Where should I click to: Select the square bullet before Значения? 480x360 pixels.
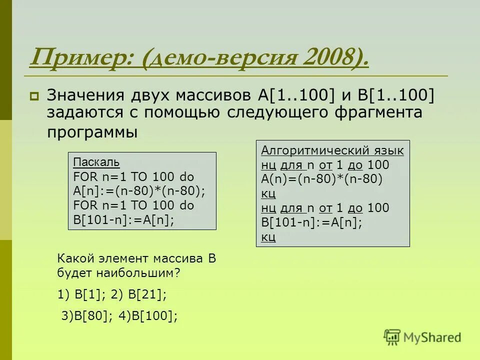(34, 95)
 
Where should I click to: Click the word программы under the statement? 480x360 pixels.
(92, 132)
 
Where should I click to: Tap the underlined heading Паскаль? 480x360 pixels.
(96, 162)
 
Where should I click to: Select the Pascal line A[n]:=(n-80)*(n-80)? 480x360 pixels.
(139, 191)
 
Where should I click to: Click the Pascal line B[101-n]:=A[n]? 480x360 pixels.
(124, 220)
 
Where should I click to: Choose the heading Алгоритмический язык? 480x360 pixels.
(332, 150)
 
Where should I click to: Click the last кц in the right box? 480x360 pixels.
(268, 237)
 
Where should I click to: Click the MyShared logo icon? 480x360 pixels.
(392, 337)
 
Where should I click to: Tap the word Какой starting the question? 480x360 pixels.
(76, 258)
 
